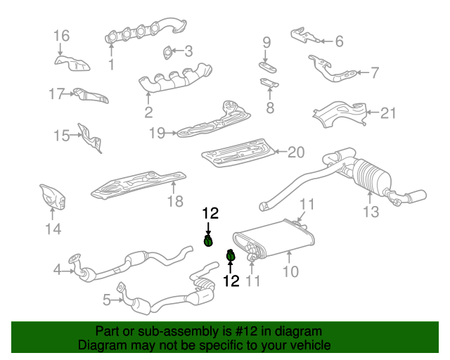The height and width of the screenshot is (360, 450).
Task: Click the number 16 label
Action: click(61, 35)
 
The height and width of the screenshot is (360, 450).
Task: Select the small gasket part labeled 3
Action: click(168, 51)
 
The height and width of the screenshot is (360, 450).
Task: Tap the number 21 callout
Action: click(389, 112)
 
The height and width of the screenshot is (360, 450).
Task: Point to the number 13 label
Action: click(371, 211)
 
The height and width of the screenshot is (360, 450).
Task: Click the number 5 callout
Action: click(107, 300)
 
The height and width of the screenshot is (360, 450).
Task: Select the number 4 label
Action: click(57, 268)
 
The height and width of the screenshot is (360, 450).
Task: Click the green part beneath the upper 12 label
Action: click(208, 242)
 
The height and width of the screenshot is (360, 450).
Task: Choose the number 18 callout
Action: click(174, 202)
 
